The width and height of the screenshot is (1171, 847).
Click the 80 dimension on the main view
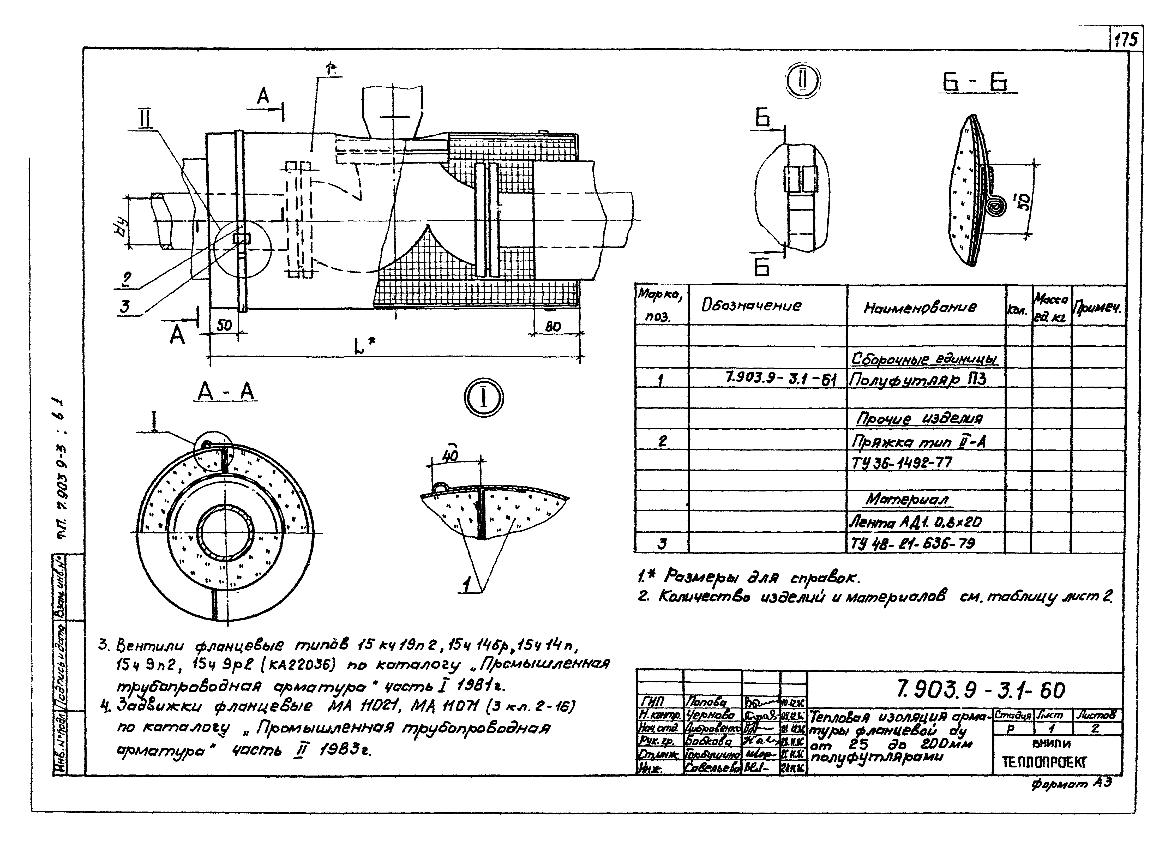click(x=553, y=326)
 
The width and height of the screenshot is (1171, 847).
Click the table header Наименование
click(x=920, y=308)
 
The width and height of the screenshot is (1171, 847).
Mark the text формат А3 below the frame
click(x=1071, y=784)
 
